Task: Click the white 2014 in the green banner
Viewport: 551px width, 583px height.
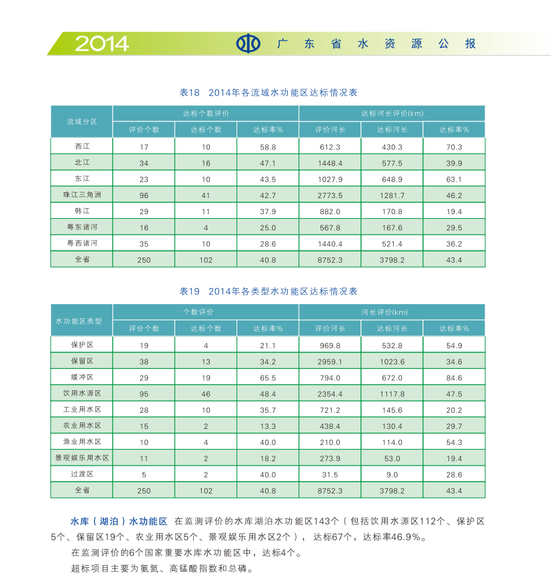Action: point(101,43)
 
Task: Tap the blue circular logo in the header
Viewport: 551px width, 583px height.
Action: point(248,44)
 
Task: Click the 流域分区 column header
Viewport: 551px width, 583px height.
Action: point(81,121)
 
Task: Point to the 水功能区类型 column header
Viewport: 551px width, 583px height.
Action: point(81,321)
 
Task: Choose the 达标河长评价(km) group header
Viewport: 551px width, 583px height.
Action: point(392,113)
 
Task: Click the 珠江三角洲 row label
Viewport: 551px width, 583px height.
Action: point(81,195)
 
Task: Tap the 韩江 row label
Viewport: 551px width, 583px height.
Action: point(81,211)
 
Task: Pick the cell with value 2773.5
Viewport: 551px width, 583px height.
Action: point(330,195)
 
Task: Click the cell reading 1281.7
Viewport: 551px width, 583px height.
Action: point(392,195)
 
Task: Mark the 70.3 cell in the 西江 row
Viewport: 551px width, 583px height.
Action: point(454,147)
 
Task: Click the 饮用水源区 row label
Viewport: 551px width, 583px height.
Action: point(81,394)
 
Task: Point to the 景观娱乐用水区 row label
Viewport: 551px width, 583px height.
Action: point(81,458)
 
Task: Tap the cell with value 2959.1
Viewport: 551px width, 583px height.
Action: point(330,362)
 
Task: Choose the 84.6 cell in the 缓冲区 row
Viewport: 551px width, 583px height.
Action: point(454,378)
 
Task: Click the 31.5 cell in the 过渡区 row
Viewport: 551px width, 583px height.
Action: point(330,475)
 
